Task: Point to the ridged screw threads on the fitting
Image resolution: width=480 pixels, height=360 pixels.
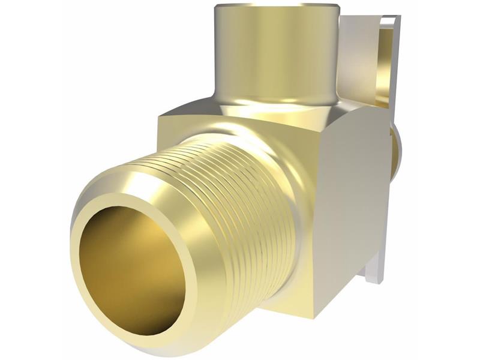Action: pyautogui.click(x=240, y=198)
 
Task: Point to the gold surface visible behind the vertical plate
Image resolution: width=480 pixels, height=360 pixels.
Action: pyautogui.click(x=387, y=66)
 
